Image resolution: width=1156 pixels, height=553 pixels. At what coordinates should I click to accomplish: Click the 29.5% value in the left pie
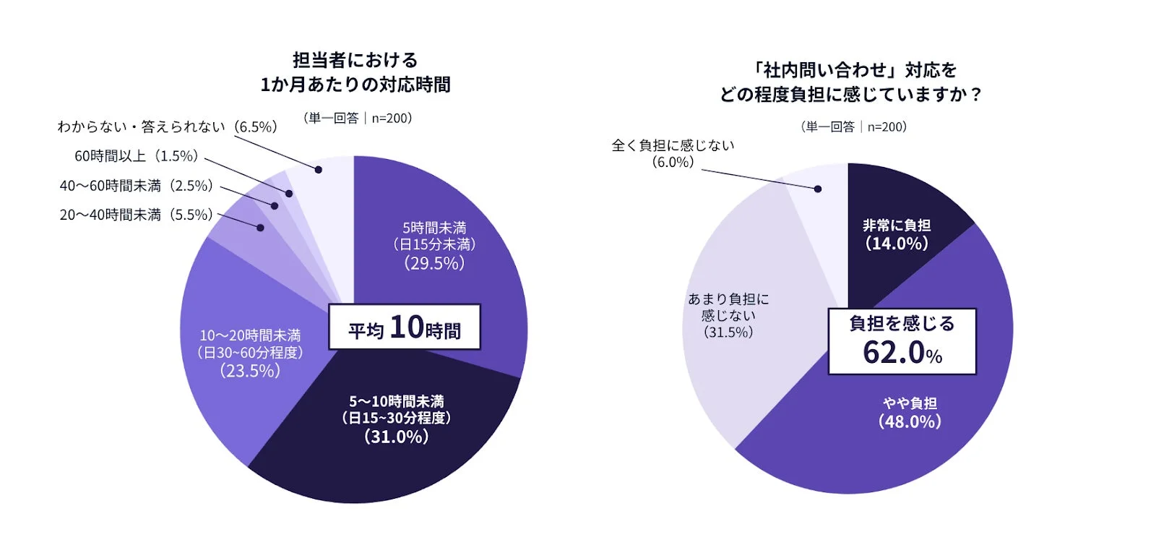pyautogui.click(x=433, y=264)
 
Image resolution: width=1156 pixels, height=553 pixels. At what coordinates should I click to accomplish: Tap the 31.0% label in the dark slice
pyautogui.click(x=396, y=437)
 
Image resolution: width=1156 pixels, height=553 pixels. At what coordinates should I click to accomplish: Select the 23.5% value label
pyautogui.click(x=250, y=371)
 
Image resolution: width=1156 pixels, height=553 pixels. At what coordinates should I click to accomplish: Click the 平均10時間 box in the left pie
pyautogui.click(x=405, y=327)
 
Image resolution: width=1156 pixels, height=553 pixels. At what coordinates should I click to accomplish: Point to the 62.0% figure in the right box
pyautogui.click(x=902, y=353)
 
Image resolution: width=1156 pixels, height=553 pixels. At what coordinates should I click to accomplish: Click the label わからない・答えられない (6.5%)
pyautogui.click(x=168, y=127)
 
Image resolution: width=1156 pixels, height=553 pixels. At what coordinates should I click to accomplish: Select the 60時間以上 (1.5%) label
pyautogui.click(x=137, y=156)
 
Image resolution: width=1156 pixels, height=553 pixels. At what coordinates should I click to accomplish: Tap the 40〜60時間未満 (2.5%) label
pyautogui.click(x=137, y=186)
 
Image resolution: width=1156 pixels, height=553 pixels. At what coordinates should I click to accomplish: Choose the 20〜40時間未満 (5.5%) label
pyautogui.click(x=137, y=215)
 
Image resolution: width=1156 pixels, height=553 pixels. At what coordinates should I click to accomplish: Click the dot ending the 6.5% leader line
pyautogui.click(x=318, y=169)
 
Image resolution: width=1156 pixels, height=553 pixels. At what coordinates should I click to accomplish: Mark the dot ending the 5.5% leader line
pyautogui.click(x=260, y=228)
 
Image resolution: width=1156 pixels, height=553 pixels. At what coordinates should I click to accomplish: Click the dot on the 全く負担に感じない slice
pyautogui.click(x=818, y=189)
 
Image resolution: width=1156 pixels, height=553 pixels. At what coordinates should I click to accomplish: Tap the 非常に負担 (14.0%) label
pyautogui.click(x=897, y=235)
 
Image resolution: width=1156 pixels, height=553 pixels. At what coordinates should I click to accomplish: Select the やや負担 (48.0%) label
pyautogui.click(x=910, y=413)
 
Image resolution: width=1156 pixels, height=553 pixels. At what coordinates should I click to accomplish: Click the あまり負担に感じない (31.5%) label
pyautogui.click(x=728, y=315)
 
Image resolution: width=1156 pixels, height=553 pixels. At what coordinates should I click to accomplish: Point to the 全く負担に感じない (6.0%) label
pyautogui.click(x=673, y=153)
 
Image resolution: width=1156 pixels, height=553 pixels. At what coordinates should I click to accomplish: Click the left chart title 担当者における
pyautogui.click(x=355, y=60)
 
